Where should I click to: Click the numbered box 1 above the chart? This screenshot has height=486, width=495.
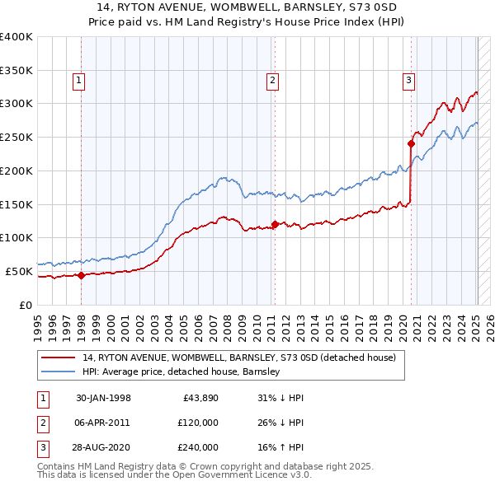click(x=78, y=80)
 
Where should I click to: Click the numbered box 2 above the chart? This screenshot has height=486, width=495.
click(x=272, y=80)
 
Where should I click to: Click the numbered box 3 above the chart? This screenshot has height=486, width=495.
click(x=408, y=80)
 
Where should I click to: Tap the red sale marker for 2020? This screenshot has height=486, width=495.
click(x=411, y=143)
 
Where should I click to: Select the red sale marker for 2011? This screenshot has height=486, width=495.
click(x=275, y=223)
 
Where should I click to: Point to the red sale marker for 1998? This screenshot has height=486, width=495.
click(x=81, y=275)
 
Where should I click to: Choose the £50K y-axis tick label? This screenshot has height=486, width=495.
click(x=17, y=271)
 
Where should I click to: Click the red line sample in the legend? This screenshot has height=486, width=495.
click(x=59, y=357)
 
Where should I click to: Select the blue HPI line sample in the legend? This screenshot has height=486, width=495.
click(x=59, y=372)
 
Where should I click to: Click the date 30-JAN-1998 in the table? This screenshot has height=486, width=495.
click(x=103, y=398)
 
